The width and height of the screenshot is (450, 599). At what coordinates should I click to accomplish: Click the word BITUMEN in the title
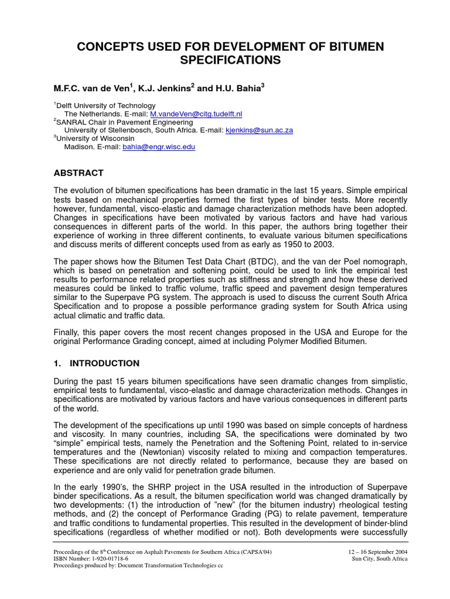point(349,47)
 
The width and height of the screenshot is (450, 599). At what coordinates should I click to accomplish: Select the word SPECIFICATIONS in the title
point(225,61)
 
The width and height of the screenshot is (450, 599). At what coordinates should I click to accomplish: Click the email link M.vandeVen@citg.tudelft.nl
point(196,114)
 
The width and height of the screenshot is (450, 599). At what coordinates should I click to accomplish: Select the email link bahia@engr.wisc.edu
point(159,147)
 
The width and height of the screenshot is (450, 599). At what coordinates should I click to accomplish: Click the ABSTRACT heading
point(79,173)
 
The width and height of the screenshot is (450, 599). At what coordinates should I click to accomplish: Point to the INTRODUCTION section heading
point(104,363)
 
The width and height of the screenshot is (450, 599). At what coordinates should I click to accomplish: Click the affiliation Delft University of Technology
point(106,106)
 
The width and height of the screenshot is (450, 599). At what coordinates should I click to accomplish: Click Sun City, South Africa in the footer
point(379,559)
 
